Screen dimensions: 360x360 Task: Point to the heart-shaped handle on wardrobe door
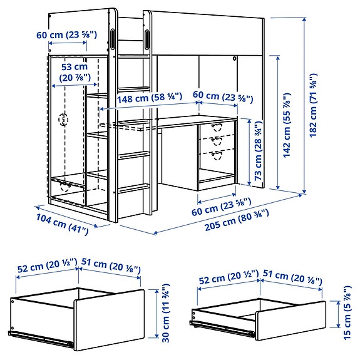[x=63, y=119]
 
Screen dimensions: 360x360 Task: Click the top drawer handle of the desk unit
[x=217, y=127]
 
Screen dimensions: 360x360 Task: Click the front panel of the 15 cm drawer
[x=291, y=319]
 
